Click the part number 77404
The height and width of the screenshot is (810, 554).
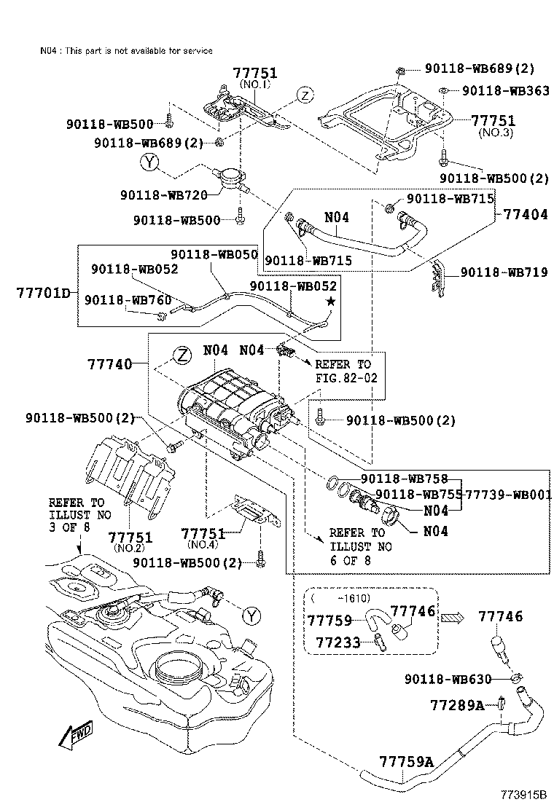point(524,215)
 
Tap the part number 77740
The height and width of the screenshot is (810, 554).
point(110,363)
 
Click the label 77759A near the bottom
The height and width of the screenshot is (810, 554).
point(406,762)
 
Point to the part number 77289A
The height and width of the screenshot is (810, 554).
point(457,705)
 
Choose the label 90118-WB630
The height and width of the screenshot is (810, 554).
point(448,679)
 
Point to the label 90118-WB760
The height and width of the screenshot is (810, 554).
point(117,299)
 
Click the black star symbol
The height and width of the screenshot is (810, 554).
point(331,300)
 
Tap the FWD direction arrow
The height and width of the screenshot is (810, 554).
point(74,737)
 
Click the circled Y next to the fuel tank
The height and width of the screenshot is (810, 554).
point(251,616)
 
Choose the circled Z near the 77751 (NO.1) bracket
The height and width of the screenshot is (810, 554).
point(304,95)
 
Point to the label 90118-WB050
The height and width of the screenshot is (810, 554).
point(215,254)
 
